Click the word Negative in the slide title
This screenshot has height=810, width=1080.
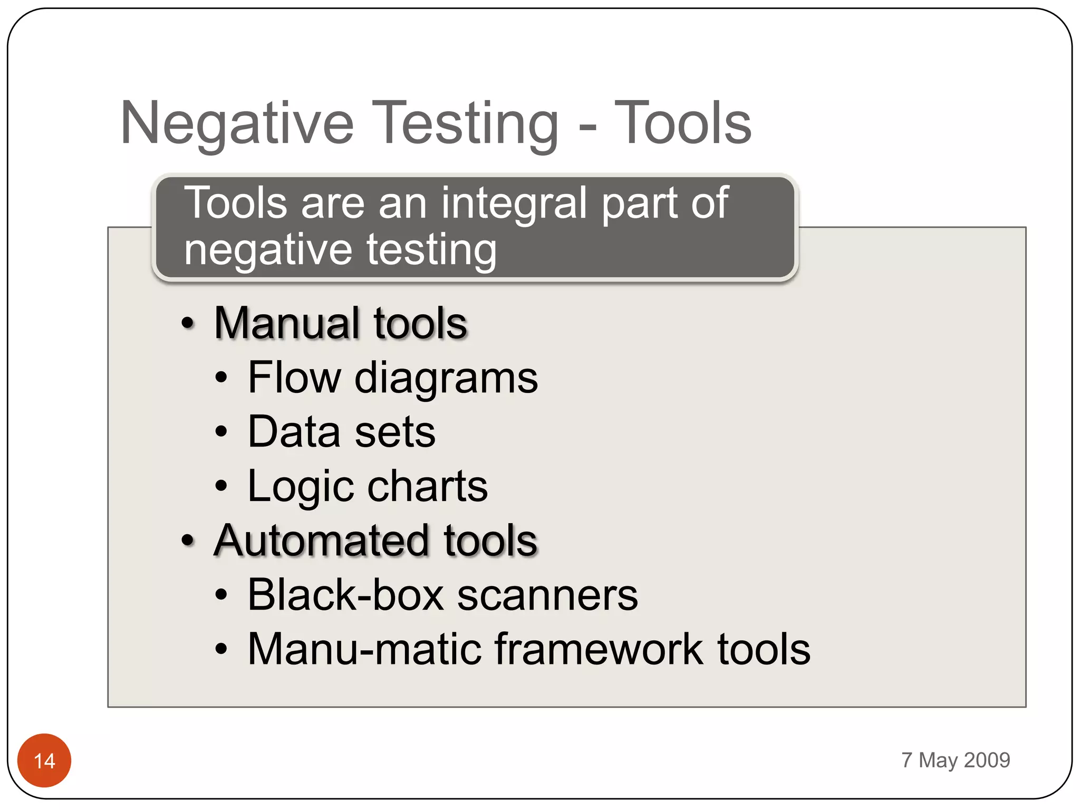pos(237,124)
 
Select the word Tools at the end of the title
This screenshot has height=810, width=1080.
pos(682,124)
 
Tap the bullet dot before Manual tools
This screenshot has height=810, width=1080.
pos(188,323)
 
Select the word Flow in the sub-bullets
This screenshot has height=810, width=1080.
pos(294,378)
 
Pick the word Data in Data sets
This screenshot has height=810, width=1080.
pos(294,432)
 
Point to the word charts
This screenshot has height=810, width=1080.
pos(427,486)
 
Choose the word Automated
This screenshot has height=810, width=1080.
pos(322,541)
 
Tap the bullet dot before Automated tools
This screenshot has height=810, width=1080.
pos(188,541)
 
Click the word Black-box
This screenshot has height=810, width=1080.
pos(345,595)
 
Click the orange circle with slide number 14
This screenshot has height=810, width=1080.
pos(44,760)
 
